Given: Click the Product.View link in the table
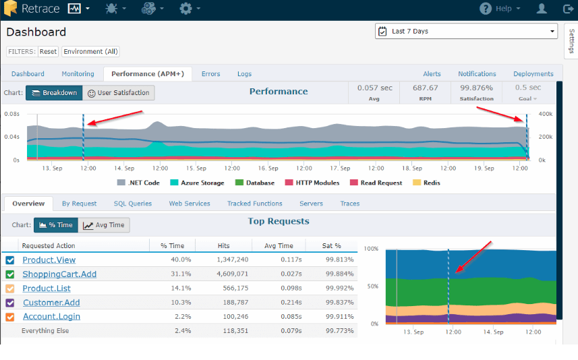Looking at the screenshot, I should point(49,260).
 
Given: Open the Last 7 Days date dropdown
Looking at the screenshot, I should point(466,31).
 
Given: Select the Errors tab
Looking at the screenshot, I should point(210,74).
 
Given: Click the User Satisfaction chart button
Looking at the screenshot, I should point(119,93).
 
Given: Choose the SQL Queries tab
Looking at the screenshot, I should point(132,204).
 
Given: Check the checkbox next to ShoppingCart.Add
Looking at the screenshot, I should point(10,274).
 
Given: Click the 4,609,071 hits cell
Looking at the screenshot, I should point(233,274).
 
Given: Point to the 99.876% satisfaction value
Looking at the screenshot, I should point(476,88).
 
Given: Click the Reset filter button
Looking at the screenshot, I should point(48,52).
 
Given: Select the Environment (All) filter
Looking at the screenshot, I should point(90,52).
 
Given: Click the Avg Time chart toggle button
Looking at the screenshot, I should point(104,225).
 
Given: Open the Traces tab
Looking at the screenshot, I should point(349,204).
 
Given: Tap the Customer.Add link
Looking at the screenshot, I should point(51,303).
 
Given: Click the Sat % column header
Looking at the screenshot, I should point(331,246).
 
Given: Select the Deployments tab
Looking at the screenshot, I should point(533,74).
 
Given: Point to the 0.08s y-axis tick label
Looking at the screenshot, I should point(11,115).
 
